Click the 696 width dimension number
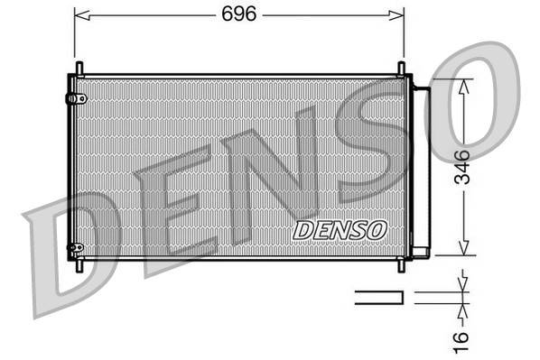[x=238, y=14]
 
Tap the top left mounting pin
[x=79, y=69]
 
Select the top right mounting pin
[x=401, y=69]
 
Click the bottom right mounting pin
[x=401, y=264]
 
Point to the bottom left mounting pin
[x=79, y=264]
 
